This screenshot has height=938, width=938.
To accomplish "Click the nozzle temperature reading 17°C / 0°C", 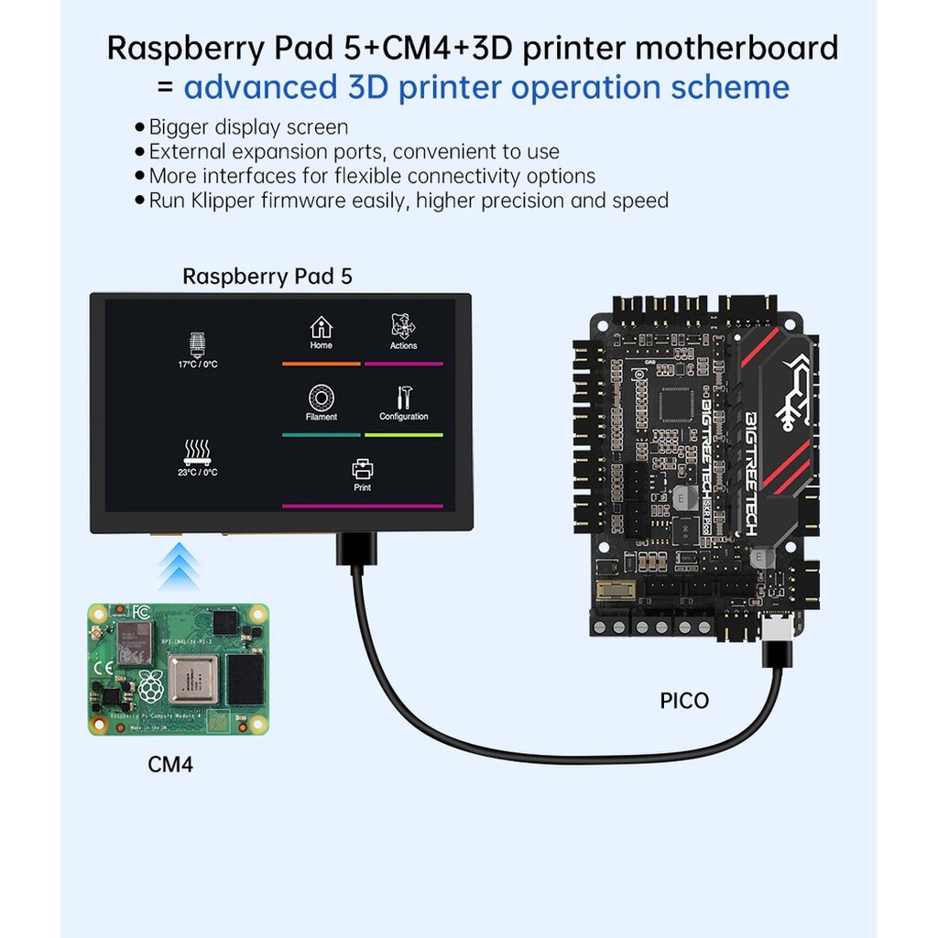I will [198, 365].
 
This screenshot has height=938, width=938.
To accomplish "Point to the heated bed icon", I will [198, 450].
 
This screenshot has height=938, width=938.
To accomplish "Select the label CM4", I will [170, 763].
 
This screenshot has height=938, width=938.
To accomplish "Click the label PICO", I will [684, 701].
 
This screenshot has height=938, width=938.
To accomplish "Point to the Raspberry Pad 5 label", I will [267, 276].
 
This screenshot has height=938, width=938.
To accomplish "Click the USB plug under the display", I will [353, 550].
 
